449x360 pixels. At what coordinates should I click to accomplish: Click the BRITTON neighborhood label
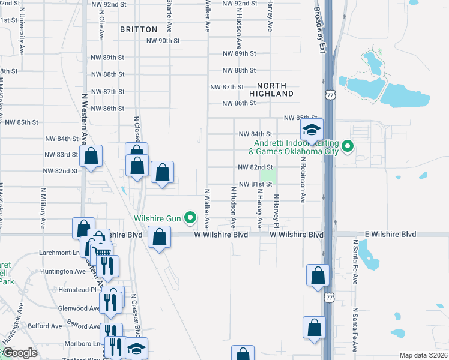pyautogui.click(x=139, y=29)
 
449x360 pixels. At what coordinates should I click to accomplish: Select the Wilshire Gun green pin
pyautogui.click(x=191, y=217)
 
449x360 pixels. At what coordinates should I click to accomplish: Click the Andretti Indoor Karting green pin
pyautogui.click(x=347, y=146)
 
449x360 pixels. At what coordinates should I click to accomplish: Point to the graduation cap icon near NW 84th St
pyautogui.click(x=312, y=129)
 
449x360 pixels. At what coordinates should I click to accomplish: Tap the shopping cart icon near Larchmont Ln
pyautogui.click(x=102, y=253)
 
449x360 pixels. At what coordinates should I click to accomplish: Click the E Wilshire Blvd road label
pyautogui.click(x=390, y=234)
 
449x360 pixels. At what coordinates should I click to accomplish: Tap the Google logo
pyautogui.click(x=19, y=353)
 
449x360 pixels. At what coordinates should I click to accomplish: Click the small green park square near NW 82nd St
pyautogui.click(x=269, y=176)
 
